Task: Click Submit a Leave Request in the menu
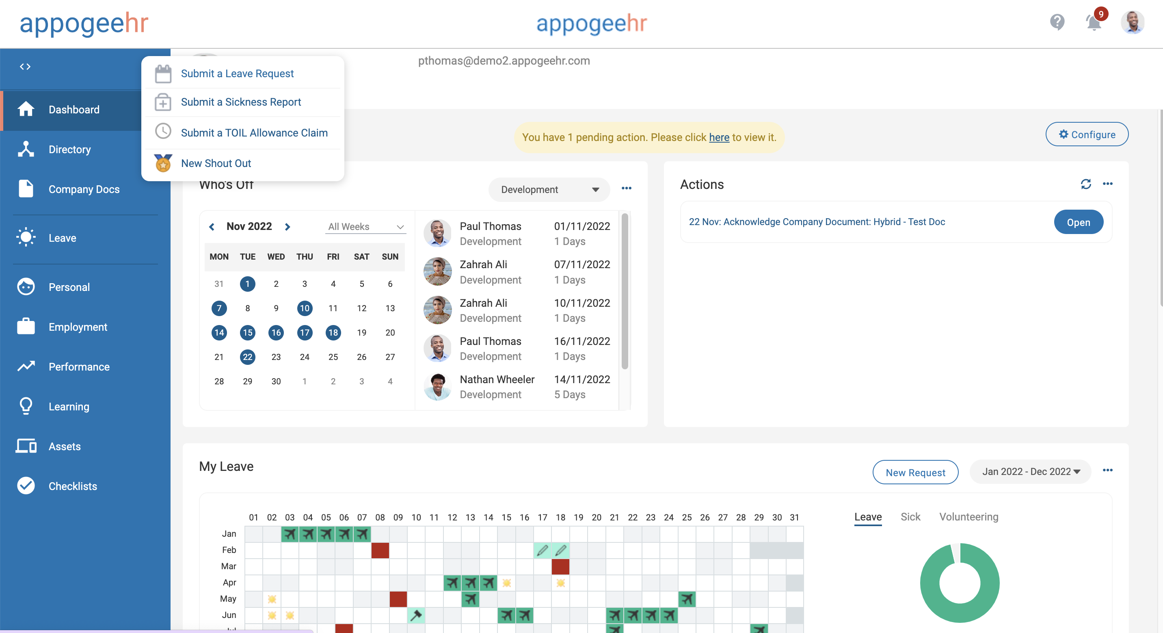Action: coord(237,74)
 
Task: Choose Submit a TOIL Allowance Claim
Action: coord(254,133)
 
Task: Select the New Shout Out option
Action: coord(216,164)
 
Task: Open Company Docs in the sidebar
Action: coord(84,189)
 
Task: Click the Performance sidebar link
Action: coord(79,367)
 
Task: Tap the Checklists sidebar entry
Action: coord(73,486)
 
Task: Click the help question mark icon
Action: coord(1057,22)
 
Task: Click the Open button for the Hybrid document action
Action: coord(1078,222)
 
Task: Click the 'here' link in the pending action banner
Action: coord(719,137)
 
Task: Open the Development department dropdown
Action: coord(549,190)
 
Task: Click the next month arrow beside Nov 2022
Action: coord(288,227)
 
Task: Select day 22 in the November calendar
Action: coord(247,357)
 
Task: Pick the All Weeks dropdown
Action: coord(365,227)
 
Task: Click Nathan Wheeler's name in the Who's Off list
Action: coord(497,379)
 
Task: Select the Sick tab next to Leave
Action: coord(910,517)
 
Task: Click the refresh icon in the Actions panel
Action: coord(1086,184)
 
